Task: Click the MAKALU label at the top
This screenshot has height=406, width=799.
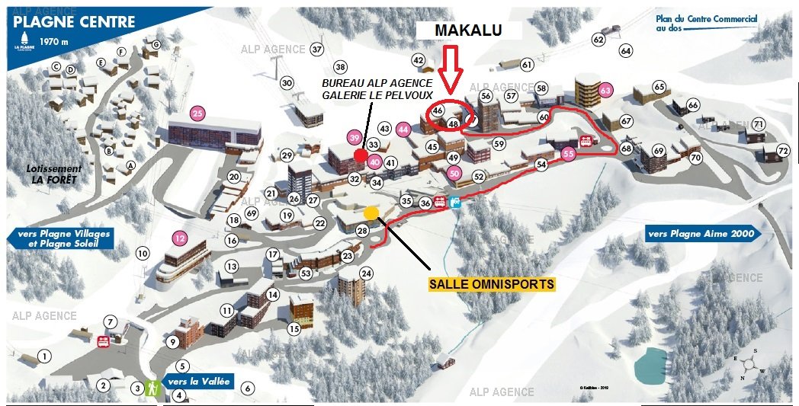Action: coord(467,30)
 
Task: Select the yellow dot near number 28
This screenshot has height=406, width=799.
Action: coord(371,213)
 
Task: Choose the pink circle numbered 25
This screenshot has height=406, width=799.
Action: coord(198,115)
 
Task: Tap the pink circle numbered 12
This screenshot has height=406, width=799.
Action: coord(180,237)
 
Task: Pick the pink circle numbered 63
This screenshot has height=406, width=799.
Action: coord(606,90)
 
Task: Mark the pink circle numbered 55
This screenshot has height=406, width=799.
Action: coord(567,154)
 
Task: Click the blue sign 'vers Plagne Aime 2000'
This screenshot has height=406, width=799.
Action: coord(701,234)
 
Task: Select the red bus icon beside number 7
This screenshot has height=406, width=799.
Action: coord(103,340)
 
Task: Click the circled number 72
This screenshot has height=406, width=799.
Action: coord(783,150)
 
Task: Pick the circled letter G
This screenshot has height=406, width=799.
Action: coord(156,45)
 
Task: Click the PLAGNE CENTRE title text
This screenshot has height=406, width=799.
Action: coord(75,22)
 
